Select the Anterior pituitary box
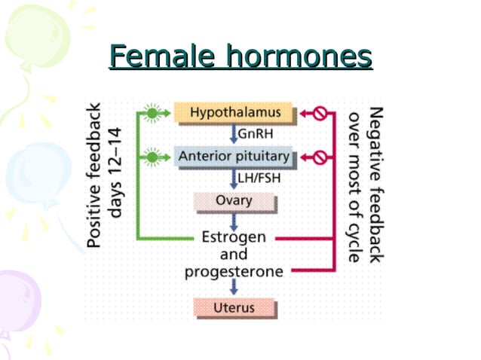[233, 157]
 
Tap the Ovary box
[234, 201]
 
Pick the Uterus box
[234, 307]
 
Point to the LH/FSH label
[258, 178]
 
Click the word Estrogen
[234, 237]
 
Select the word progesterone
[234, 271]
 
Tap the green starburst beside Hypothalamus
[153, 114]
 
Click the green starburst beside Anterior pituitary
[153, 157]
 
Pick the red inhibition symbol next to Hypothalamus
[318, 114]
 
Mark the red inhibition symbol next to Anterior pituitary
[318, 157]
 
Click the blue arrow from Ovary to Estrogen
[234, 220]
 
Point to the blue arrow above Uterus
[234, 287]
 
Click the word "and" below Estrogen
[234, 255]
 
